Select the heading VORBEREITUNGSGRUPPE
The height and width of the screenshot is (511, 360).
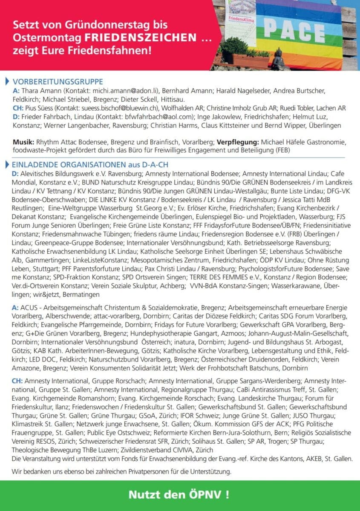point(58,82)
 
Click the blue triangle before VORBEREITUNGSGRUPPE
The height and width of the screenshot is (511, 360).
point(6,82)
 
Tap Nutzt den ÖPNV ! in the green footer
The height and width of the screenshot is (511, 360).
point(179,494)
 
